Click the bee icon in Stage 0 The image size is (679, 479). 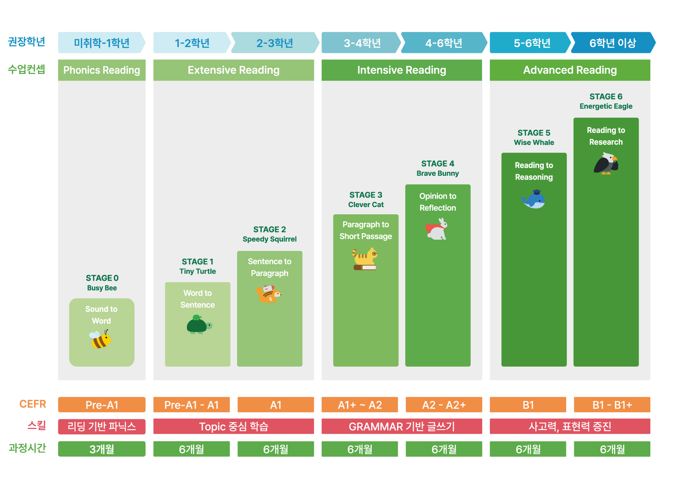[100, 339]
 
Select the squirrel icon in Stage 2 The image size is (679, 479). [268, 294]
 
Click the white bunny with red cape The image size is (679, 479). [436, 229]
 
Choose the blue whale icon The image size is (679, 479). [533, 199]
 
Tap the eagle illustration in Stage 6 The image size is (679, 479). [606, 163]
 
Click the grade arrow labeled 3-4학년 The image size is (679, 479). [361, 43]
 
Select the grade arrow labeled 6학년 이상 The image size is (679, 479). [613, 43]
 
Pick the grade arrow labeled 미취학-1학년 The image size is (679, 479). [102, 43]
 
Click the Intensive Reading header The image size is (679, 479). [402, 70]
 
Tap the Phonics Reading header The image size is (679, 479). [102, 70]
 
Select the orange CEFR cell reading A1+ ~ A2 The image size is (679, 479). [360, 405]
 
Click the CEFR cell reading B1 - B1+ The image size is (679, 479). [612, 405]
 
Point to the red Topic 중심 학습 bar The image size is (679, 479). [233, 426]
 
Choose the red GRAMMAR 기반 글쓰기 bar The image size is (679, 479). [402, 426]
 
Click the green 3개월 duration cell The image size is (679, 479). [102, 449]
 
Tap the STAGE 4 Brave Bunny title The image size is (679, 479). [438, 168]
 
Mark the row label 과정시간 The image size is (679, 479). [27, 448]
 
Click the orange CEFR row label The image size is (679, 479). [33, 404]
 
